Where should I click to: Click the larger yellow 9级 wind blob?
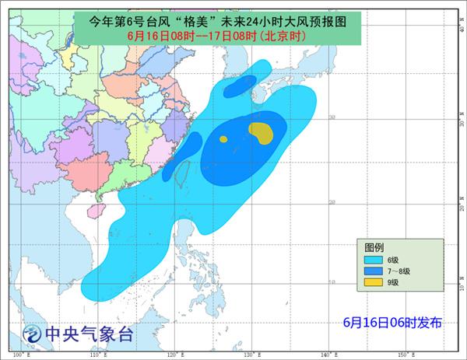(x=262, y=133)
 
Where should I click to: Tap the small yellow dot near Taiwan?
(x=223, y=140)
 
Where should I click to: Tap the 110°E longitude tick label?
(x=96, y=355)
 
